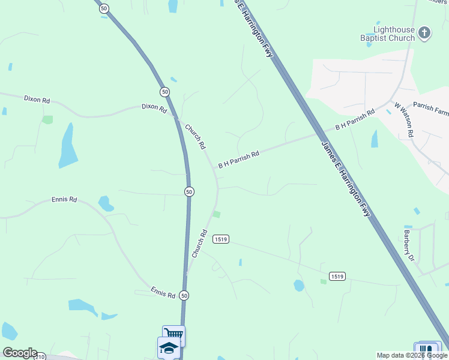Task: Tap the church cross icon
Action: [424, 33]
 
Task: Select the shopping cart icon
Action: [173, 335]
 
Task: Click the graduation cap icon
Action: [169, 348]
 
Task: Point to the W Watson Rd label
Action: [403, 119]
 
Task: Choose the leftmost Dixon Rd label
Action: [37, 99]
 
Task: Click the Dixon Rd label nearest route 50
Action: [154, 107]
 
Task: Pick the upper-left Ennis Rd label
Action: [64, 199]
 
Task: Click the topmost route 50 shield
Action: [104, 8]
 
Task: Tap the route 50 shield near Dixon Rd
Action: [164, 91]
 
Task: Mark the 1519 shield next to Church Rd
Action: [221, 239]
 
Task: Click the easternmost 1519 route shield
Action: [337, 276]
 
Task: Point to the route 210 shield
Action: [40, 357]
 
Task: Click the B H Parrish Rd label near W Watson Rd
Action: [355, 120]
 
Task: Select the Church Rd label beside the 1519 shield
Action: [200, 244]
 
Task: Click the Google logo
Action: [20, 353]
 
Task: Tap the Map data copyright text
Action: [411, 355]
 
